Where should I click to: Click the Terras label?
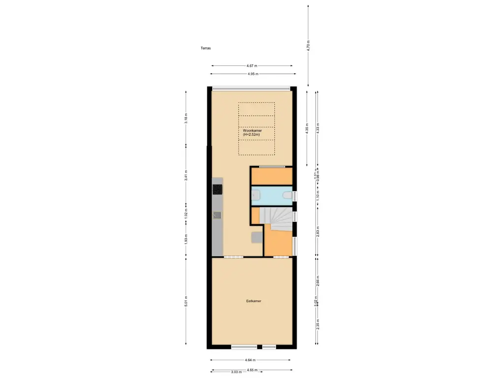[206, 48]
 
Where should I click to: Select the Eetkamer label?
[253, 301]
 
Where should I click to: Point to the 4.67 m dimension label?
[252, 65]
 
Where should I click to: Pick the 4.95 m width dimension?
[253, 74]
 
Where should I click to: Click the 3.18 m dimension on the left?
[186, 118]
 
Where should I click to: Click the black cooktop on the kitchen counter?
[218, 189]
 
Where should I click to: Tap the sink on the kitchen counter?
[217, 215]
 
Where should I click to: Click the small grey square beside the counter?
[257, 237]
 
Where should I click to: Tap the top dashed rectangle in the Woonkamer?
[256, 109]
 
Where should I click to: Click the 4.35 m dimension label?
[307, 128]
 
